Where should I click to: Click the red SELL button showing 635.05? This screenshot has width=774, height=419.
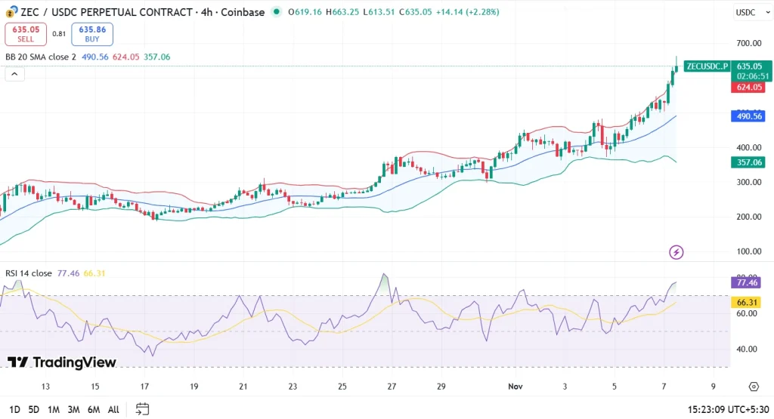(25, 33)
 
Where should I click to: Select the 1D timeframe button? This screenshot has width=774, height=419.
(14, 409)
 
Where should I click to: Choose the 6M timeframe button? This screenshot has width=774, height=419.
(94, 409)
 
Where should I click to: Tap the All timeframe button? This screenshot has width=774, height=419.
(113, 409)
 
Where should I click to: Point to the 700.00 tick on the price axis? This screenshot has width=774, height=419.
(748, 44)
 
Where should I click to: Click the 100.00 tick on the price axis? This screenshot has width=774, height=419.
(748, 251)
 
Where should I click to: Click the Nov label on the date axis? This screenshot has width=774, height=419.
(515, 387)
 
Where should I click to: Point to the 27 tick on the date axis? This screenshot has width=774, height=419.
(392, 387)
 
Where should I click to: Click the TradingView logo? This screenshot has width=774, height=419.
(62, 363)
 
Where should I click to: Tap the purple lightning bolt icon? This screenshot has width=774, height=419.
(676, 252)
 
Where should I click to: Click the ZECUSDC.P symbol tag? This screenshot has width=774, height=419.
(706, 66)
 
